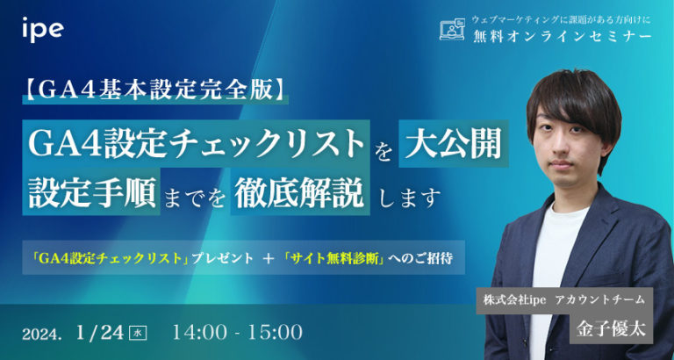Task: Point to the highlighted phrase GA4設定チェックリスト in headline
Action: tap(197, 143)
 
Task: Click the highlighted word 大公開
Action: tap(453, 143)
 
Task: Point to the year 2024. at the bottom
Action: tap(42, 334)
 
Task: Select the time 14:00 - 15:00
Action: tap(238, 332)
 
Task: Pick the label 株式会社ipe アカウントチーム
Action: tap(563, 299)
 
